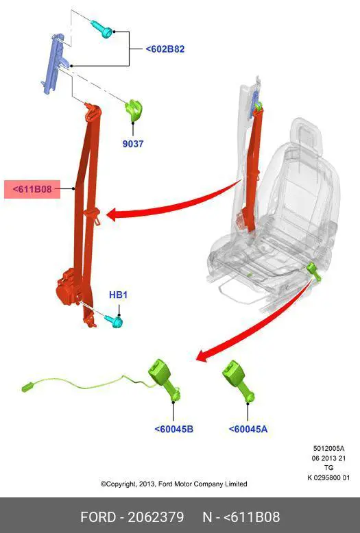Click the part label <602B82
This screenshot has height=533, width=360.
(x=165, y=49)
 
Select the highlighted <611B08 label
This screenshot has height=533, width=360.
(x=32, y=189)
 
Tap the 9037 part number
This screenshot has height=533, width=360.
(x=133, y=144)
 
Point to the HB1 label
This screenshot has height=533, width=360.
(x=118, y=295)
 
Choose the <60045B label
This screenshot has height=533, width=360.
(x=174, y=429)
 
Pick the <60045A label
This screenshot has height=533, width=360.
(x=248, y=429)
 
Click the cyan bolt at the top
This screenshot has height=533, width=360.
(x=102, y=29)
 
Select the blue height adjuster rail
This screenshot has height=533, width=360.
(x=54, y=63)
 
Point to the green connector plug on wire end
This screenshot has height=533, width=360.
(x=27, y=387)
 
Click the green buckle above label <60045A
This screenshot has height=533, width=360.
(x=237, y=381)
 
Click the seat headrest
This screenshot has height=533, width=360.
(x=307, y=135)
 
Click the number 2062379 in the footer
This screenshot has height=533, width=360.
(x=156, y=517)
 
